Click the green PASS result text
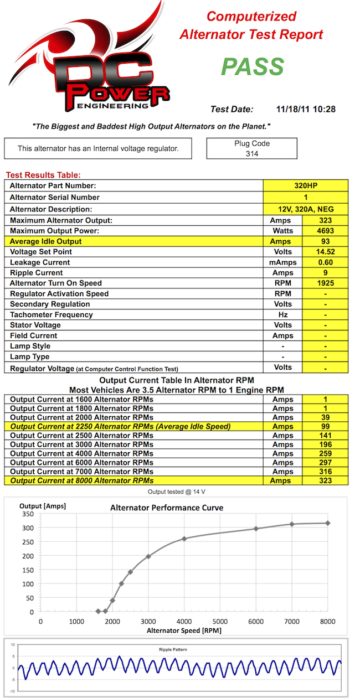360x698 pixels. pos(253,66)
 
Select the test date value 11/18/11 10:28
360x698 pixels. pos(306,110)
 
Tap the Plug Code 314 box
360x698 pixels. pos(252,148)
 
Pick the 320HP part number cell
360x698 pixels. pos(306,186)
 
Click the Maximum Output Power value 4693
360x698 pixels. pos(326,231)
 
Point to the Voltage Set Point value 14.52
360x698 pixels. pos(326,252)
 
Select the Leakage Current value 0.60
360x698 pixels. pos(326,262)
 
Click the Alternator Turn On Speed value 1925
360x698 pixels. pos(326,283)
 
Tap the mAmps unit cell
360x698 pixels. pos(283,262)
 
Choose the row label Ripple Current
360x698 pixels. pos(37,273)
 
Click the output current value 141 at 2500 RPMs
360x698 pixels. pos(326,436)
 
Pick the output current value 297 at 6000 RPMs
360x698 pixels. pos(326,462)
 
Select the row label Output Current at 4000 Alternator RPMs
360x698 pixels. pos(82,453)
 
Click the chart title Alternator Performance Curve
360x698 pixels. pos(167,508)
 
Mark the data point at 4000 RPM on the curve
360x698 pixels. pos(184,539)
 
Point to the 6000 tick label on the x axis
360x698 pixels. pos(256,621)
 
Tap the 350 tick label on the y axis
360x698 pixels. pos(27,514)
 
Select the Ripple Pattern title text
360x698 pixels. pos(178,649)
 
